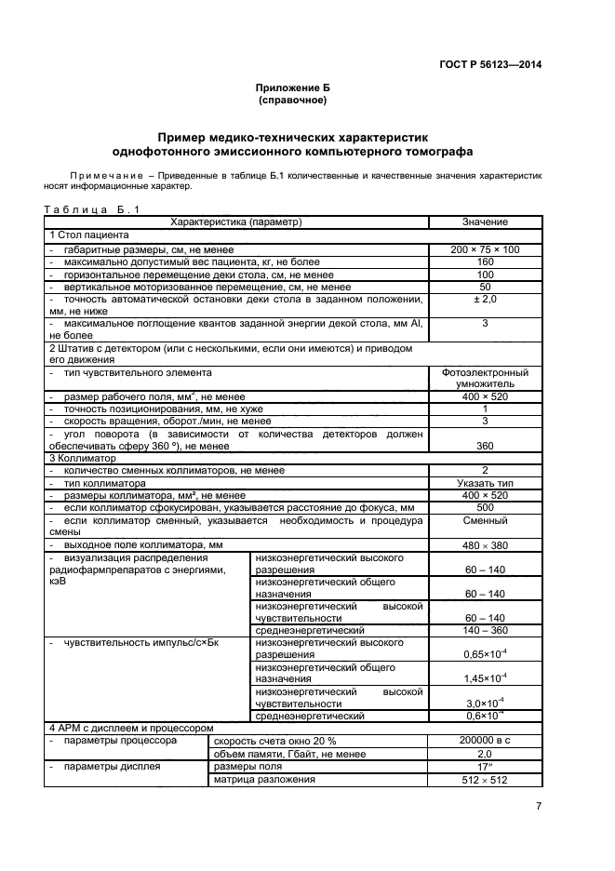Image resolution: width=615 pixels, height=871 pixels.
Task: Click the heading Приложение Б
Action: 292,87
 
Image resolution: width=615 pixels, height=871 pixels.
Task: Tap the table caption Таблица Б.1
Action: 91,209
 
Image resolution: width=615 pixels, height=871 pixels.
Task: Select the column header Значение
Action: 485,222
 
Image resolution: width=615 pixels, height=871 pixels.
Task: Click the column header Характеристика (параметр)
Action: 236,222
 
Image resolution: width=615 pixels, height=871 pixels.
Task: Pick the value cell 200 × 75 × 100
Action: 485,249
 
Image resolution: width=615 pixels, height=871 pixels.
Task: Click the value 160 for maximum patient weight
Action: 485,262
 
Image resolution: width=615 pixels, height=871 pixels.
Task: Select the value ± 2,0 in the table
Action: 485,299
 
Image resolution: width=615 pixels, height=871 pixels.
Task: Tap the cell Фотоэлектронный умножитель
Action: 485,378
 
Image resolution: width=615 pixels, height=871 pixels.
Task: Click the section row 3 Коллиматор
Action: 83,458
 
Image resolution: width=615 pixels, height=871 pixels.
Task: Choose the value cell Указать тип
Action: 485,484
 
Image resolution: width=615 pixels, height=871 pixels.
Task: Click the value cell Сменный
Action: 485,522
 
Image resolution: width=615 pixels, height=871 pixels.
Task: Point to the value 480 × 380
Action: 485,544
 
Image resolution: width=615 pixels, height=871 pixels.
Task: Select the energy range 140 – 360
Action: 485,630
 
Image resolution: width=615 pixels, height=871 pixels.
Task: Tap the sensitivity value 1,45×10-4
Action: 485,678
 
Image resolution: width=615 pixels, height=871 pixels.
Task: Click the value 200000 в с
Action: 485,740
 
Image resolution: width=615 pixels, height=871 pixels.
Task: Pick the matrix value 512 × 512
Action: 485,780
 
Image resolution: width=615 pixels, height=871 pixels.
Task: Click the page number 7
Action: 539,808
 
